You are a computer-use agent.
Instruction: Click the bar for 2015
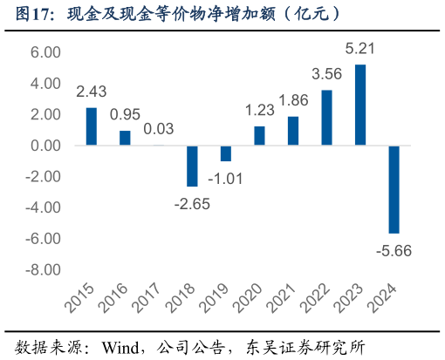tap(91, 126)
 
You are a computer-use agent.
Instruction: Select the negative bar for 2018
tap(192, 166)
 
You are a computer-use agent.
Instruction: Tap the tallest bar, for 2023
tap(360, 105)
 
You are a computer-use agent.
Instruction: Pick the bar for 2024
tap(394, 189)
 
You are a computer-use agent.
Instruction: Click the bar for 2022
tap(326, 118)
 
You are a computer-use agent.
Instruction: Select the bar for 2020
tap(259, 136)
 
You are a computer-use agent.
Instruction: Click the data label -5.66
tap(393, 251)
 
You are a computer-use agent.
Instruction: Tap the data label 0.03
tap(158, 129)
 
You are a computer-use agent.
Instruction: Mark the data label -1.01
tap(225, 179)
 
